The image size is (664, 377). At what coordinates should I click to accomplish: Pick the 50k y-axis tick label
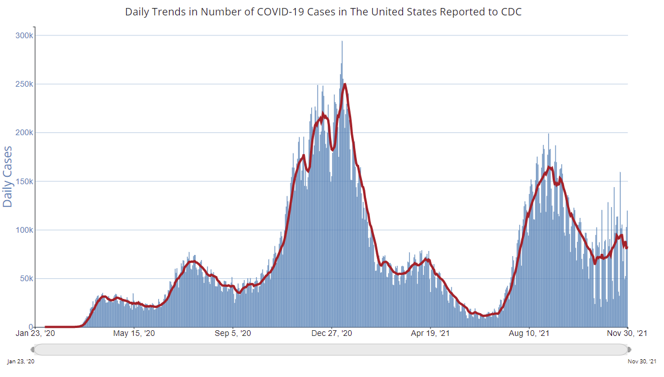tap(26, 278)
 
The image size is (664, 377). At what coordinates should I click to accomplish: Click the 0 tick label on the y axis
tap(30, 327)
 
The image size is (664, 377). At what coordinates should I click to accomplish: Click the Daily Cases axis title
tap(8, 177)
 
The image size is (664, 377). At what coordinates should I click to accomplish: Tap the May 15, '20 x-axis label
tap(134, 334)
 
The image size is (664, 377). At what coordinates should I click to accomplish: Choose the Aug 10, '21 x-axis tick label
tap(529, 334)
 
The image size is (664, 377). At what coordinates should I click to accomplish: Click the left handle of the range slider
tap(33, 349)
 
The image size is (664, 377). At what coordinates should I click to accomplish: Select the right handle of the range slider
tap(629, 349)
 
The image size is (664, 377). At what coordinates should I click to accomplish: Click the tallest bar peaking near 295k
tap(342, 42)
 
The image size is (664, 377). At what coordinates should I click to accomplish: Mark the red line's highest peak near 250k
tap(345, 84)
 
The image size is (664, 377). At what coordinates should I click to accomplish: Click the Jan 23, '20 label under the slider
tap(21, 362)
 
